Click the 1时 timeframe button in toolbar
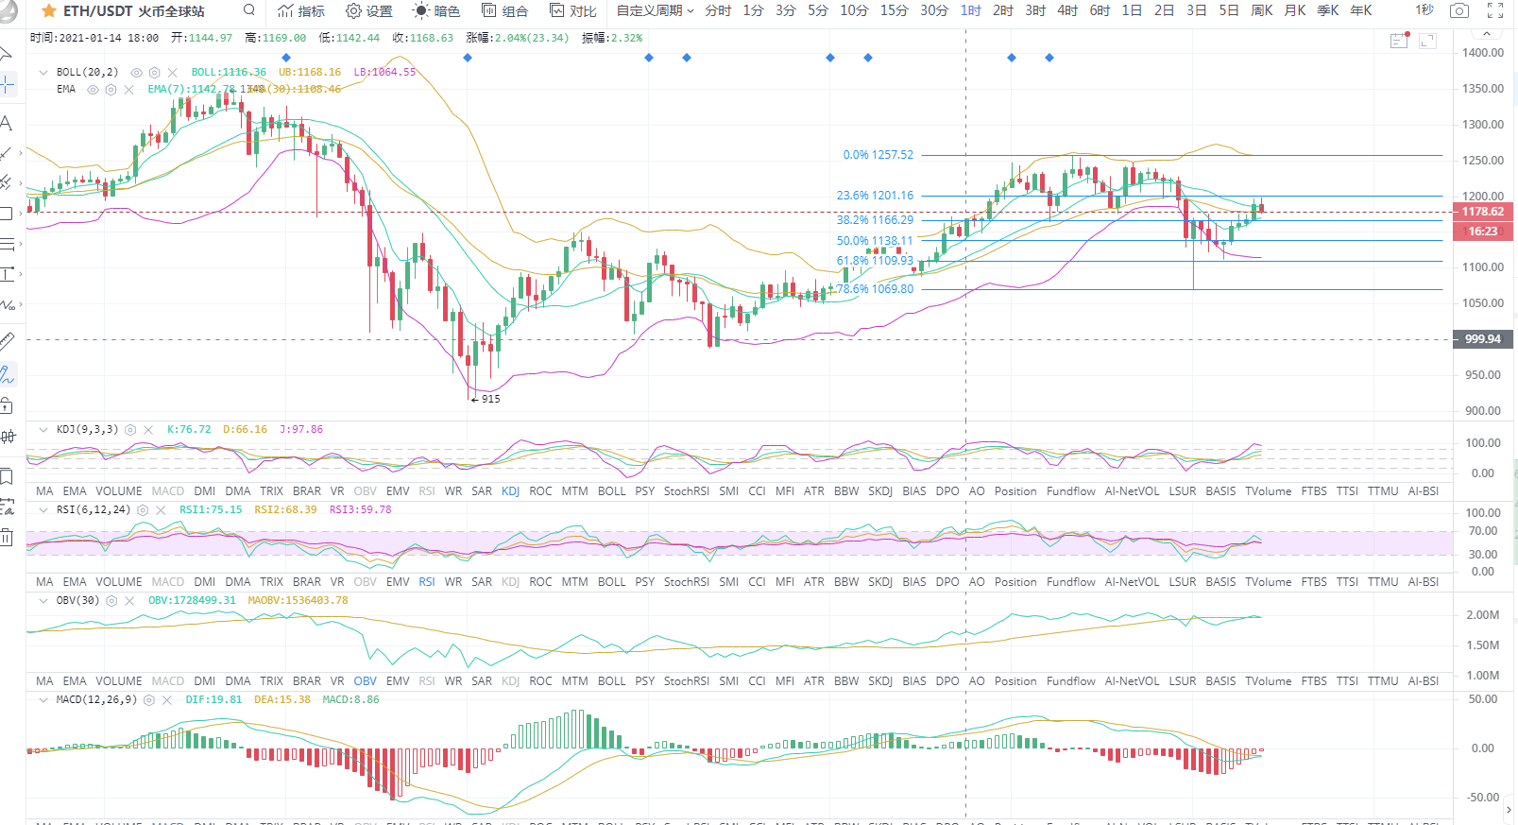click(x=971, y=10)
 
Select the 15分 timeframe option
click(x=894, y=10)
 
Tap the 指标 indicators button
click(x=302, y=11)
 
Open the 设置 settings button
click(x=369, y=11)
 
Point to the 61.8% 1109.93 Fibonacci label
click(x=875, y=261)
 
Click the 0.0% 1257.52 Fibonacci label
click(x=878, y=155)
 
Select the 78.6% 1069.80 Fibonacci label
click(x=875, y=289)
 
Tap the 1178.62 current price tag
click(x=1482, y=212)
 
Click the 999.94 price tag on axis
click(x=1482, y=339)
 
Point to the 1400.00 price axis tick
click(x=1483, y=53)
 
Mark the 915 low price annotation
click(x=490, y=399)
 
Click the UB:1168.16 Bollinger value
click(x=310, y=72)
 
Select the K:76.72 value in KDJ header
click(x=189, y=429)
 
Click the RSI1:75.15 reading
click(x=211, y=509)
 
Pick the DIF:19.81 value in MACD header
click(x=213, y=700)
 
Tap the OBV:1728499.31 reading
click(x=192, y=600)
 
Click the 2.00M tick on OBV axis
click(x=1482, y=615)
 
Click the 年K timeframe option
click(x=1360, y=10)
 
